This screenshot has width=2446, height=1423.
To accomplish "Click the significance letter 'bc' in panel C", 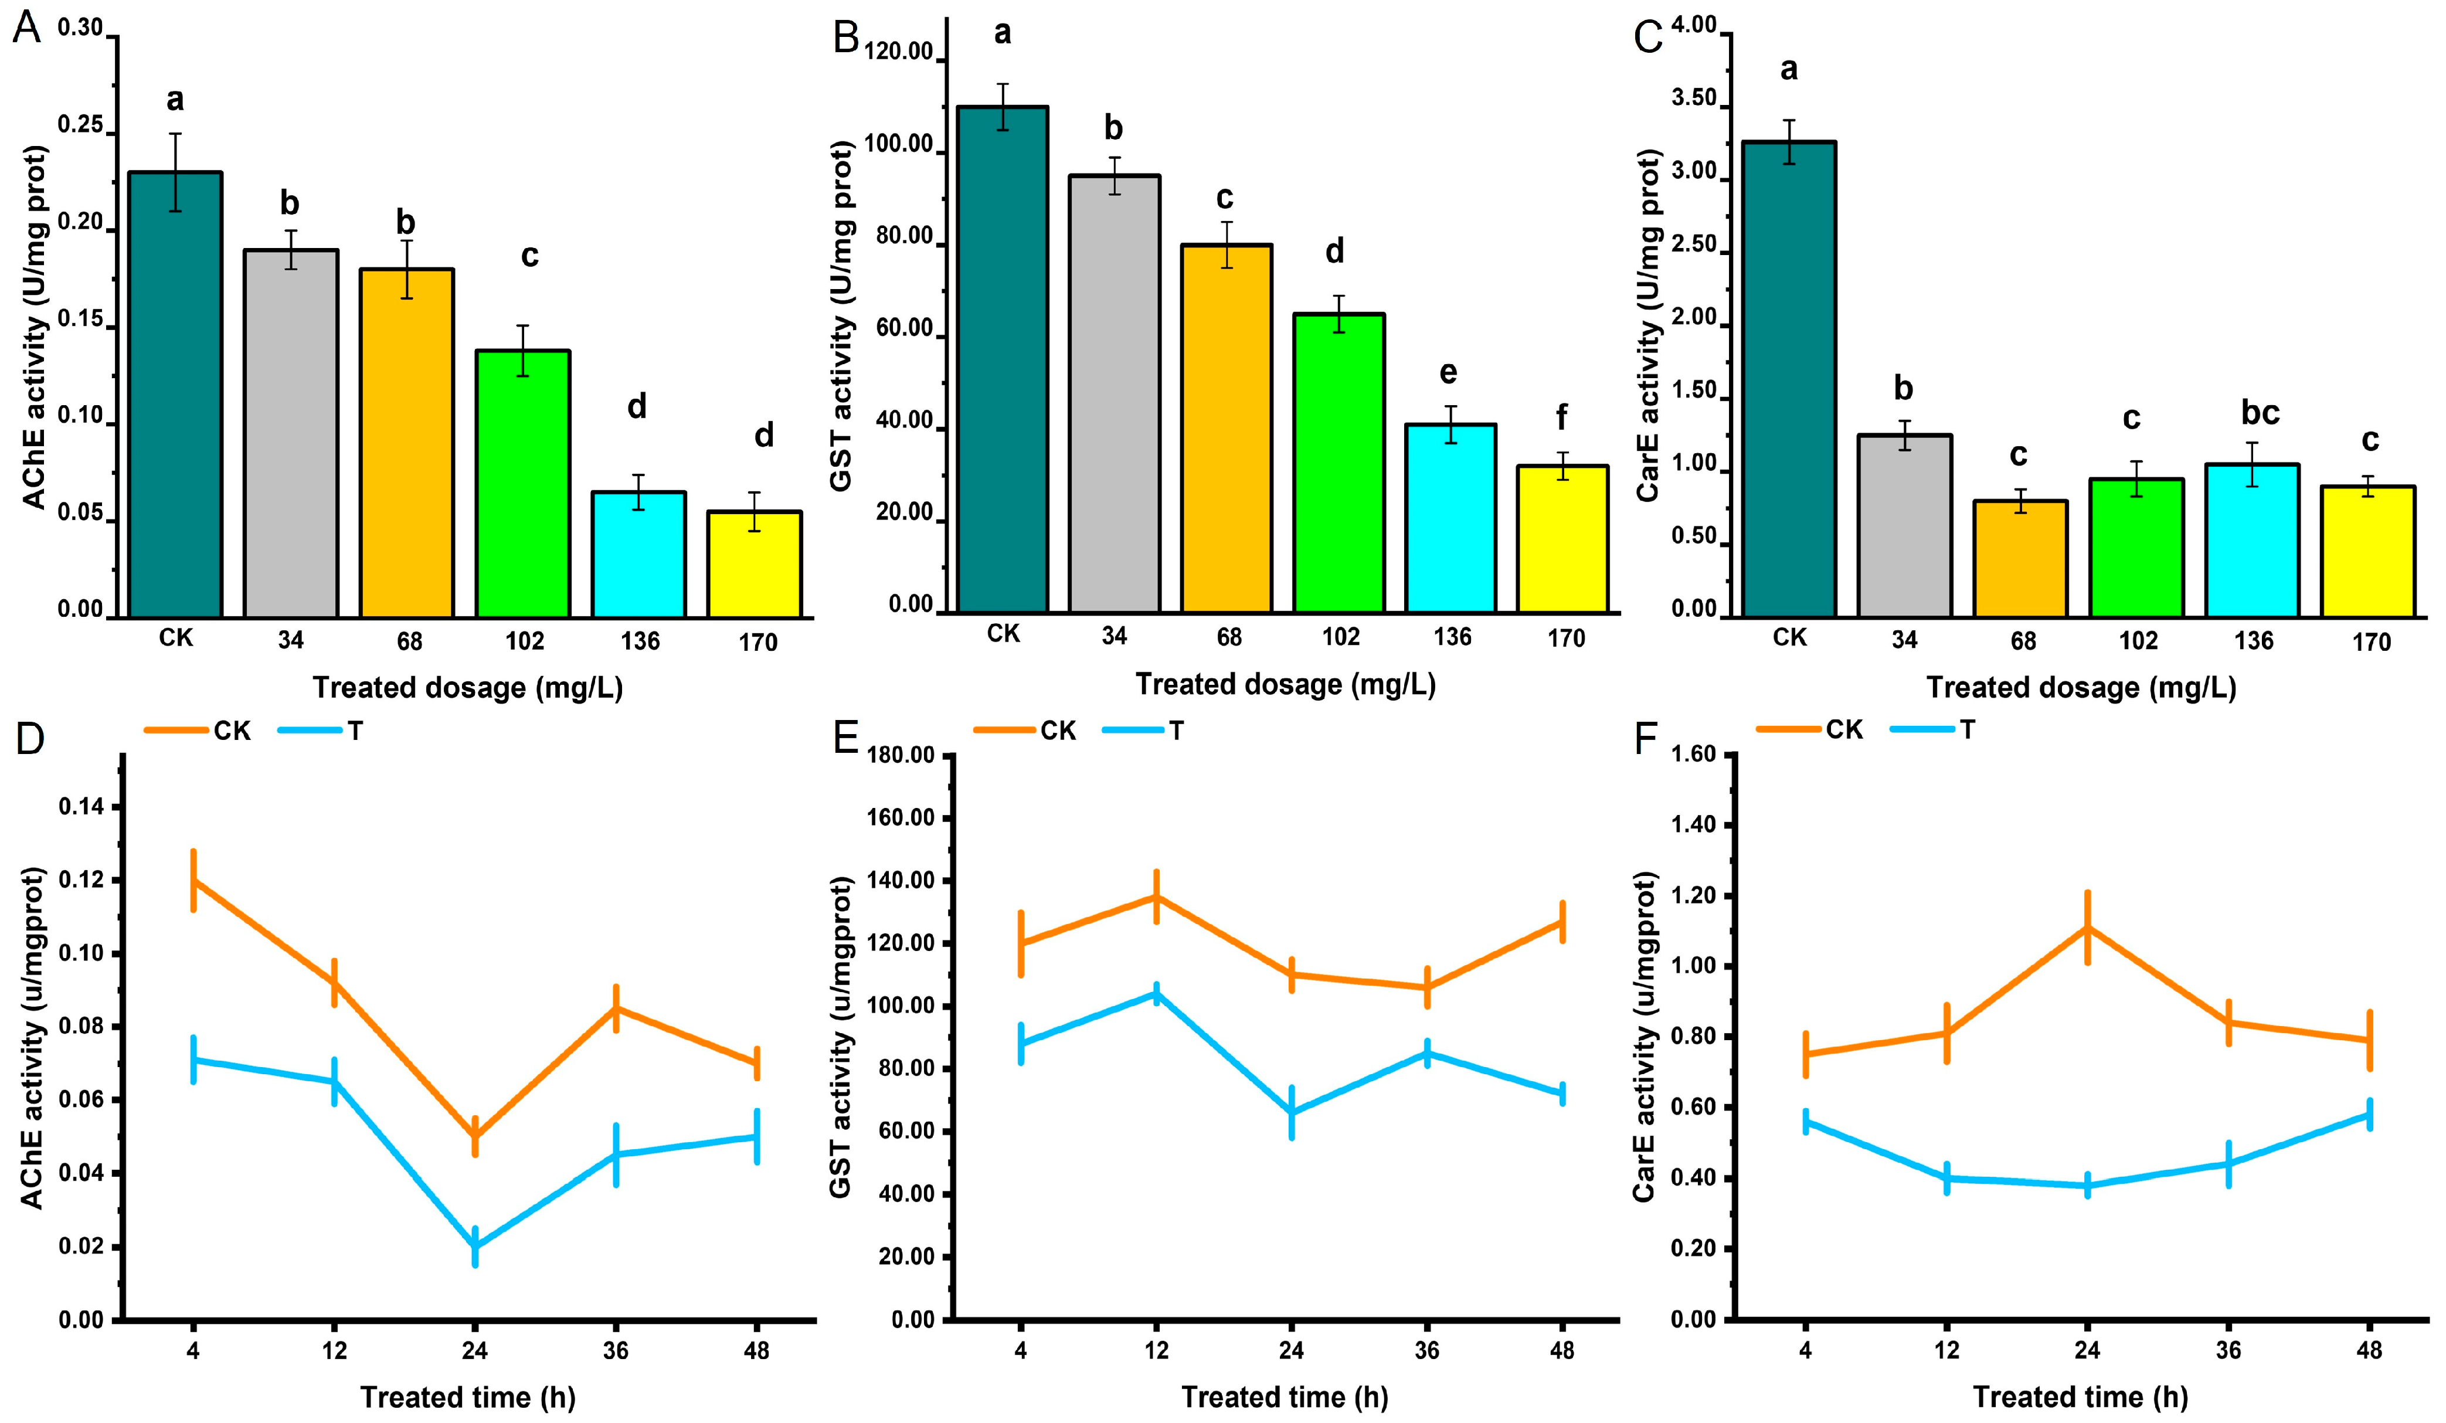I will click(2260, 413).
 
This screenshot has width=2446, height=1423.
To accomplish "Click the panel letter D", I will click(29, 740).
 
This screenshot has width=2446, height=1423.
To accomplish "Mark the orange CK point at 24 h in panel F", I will click(2087, 927).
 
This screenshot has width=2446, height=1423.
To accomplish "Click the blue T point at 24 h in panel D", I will click(475, 1247).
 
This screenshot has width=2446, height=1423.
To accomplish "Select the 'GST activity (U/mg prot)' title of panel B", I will click(842, 315).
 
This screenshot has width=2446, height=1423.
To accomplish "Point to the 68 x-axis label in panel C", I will click(2022, 641).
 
